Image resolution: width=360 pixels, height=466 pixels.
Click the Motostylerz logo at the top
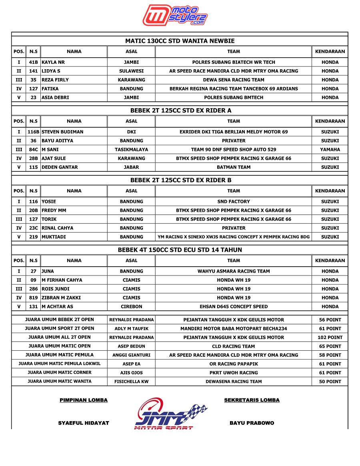click(x=175, y=16)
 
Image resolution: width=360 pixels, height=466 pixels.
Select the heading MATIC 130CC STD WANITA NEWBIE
click(x=180, y=41)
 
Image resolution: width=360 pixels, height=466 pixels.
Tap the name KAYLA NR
click(x=53, y=62)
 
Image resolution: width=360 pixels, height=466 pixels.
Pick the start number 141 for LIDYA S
click(x=34, y=71)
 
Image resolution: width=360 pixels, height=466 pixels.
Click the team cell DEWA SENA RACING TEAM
click(x=234, y=80)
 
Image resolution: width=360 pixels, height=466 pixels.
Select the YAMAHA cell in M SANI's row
click(x=330, y=150)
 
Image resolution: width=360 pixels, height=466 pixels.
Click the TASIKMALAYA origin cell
click(x=131, y=150)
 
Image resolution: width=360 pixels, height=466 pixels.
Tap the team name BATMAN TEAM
click(x=234, y=167)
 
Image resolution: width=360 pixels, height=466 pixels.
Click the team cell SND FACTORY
click(x=234, y=202)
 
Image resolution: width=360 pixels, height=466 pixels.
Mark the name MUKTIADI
click(x=54, y=237)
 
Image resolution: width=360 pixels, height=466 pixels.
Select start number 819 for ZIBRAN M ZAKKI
click(x=34, y=298)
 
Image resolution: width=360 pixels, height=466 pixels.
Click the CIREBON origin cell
click(x=131, y=307)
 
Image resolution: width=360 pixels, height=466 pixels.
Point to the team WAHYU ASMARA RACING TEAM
click(x=234, y=271)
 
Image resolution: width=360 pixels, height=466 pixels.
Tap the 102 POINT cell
click(x=330, y=337)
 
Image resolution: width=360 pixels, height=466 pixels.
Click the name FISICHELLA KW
click(x=131, y=382)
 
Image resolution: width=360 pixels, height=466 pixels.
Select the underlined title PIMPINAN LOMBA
click(x=84, y=400)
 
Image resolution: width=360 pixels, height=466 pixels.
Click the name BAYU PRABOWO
click(x=252, y=423)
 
